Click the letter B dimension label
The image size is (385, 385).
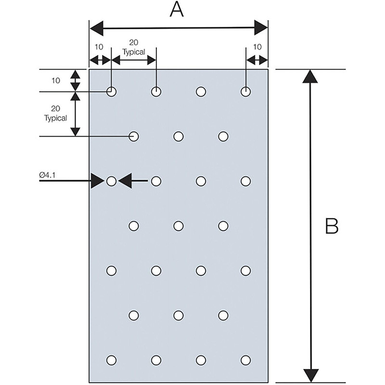point(332,226)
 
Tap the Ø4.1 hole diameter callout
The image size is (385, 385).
point(47,175)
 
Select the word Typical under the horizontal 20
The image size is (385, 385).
point(134,52)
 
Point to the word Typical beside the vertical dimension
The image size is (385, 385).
point(55,118)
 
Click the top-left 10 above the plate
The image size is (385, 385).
point(99,47)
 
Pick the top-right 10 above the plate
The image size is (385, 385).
point(257,47)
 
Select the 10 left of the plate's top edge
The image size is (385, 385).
point(56,80)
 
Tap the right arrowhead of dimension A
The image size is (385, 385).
point(261,28)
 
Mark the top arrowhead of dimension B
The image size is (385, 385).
point(310,77)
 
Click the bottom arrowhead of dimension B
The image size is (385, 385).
point(311,375)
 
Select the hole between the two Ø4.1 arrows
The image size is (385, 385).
point(111,181)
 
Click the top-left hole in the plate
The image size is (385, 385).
point(111,92)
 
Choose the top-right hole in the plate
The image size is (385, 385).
point(245,92)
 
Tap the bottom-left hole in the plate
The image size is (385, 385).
point(111,360)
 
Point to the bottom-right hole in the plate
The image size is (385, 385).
point(245,360)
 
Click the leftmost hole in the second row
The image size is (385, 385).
point(134,137)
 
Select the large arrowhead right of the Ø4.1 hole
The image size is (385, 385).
point(125,181)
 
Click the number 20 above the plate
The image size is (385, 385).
point(134,42)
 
